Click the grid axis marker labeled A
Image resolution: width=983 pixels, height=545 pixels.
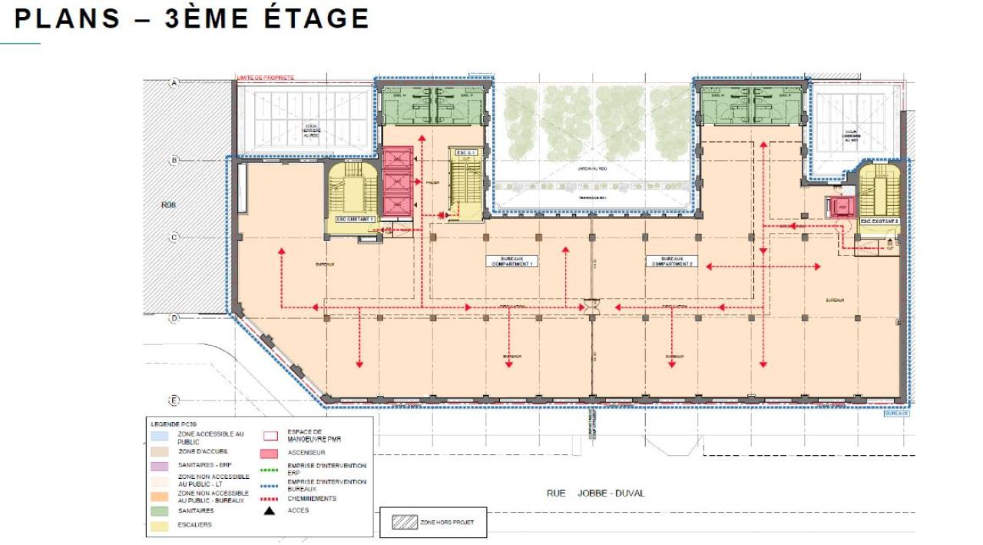click(174, 82)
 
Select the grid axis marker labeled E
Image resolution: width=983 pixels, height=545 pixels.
click(174, 400)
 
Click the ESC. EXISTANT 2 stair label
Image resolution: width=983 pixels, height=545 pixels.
click(879, 221)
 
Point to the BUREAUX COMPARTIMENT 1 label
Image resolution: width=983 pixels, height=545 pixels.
click(513, 261)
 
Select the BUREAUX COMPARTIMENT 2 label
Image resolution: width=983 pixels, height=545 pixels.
click(672, 261)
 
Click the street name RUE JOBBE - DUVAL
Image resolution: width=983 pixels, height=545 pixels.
click(595, 493)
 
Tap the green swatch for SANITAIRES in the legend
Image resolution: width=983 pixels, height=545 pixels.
click(160, 510)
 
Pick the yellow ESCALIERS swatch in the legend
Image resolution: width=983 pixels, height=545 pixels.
click(160, 525)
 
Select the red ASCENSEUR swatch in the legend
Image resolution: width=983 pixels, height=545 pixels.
click(270, 454)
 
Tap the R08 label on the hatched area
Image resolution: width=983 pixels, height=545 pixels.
click(169, 205)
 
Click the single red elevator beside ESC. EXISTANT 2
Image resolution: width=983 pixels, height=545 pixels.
click(841, 207)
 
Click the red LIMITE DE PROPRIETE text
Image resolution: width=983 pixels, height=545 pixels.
click(266, 78)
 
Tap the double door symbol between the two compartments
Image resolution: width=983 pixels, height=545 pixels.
click(592, 306)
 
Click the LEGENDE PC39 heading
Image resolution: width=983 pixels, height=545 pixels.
click(174, 424)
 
